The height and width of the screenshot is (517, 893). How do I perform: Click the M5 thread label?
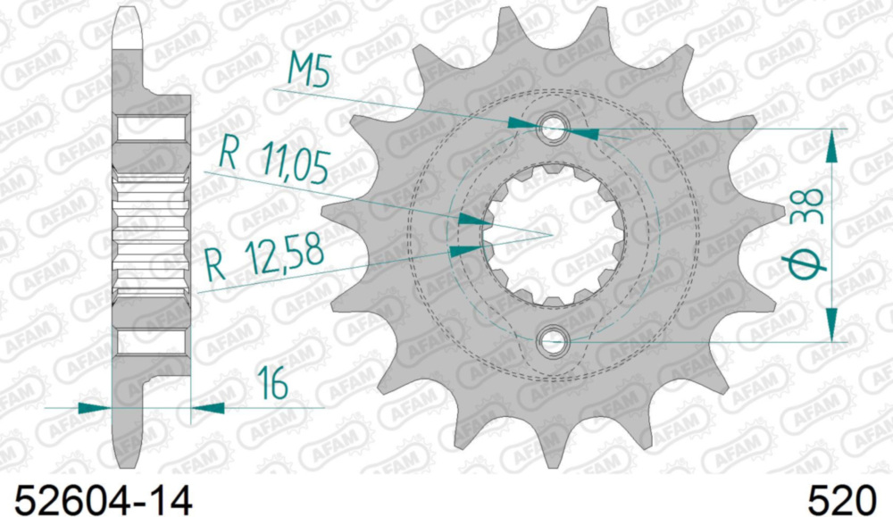(309, 70)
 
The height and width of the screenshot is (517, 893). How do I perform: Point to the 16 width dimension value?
(272, 383)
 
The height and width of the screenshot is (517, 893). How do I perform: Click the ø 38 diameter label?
(805, 234)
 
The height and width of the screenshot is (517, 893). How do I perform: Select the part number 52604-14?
(103, 501)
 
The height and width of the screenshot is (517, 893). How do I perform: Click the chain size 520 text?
(842, 501)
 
